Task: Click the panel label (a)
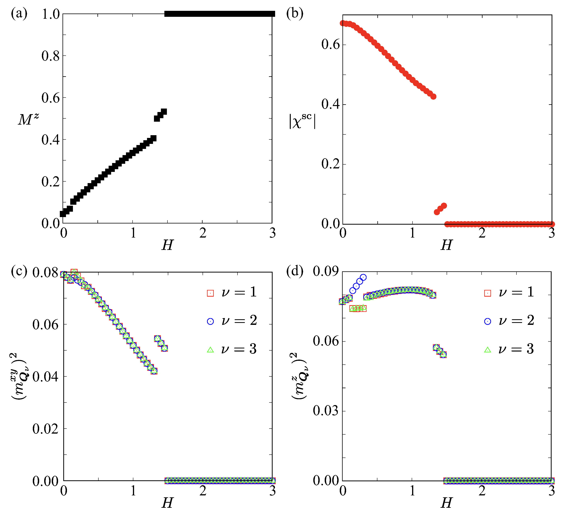(x=19, y=13)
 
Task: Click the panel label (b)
(x=295, y=13)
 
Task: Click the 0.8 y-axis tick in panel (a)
(x=51, y=56)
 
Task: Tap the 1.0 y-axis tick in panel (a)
(x=51, y=14)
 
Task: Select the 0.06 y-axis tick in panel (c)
(x=46, y=324)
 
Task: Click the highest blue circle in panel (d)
(x=363, y=277)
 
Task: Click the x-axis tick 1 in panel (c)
(x=133, y=491)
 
